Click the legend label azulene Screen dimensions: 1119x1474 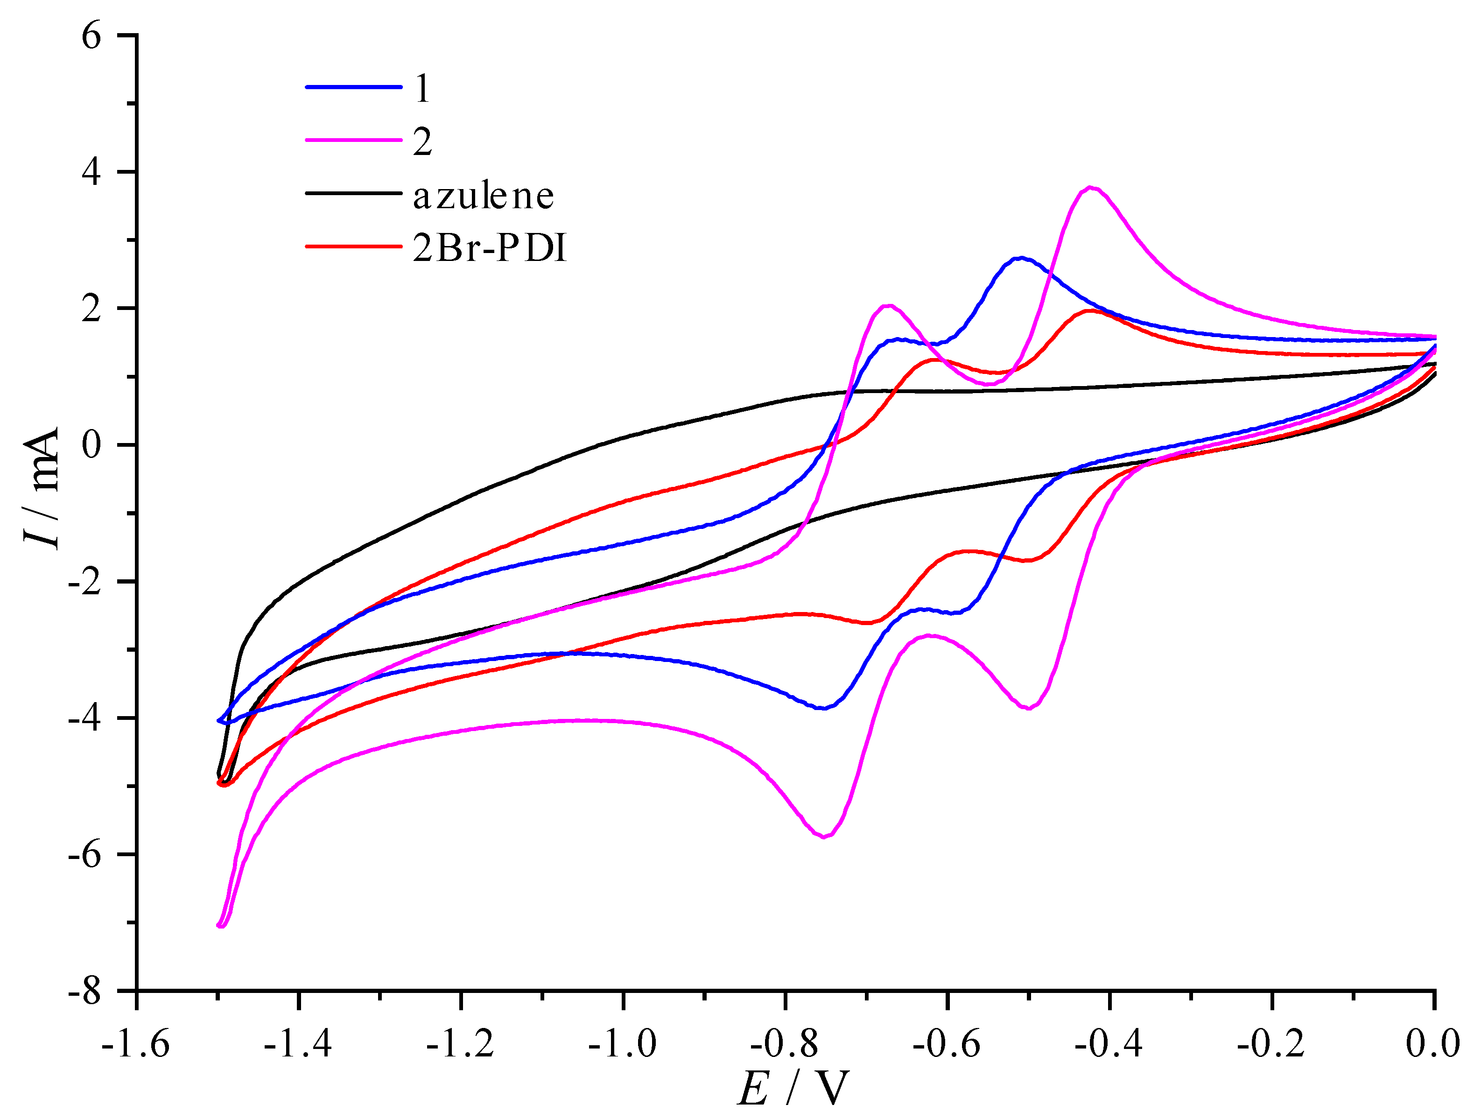(x=483, y=196)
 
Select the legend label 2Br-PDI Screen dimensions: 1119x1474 (x=490, y=249)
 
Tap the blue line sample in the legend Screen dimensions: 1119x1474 (x=354, y=87)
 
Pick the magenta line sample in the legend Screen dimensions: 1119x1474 (x=354, y=141)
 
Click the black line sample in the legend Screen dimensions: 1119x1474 (x=354, y=194)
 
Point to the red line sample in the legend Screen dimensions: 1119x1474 (x=354, y=246)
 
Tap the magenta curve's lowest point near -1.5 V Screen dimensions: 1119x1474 (x=222, y=926)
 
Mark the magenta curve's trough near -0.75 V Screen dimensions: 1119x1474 (x=824, y=837)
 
